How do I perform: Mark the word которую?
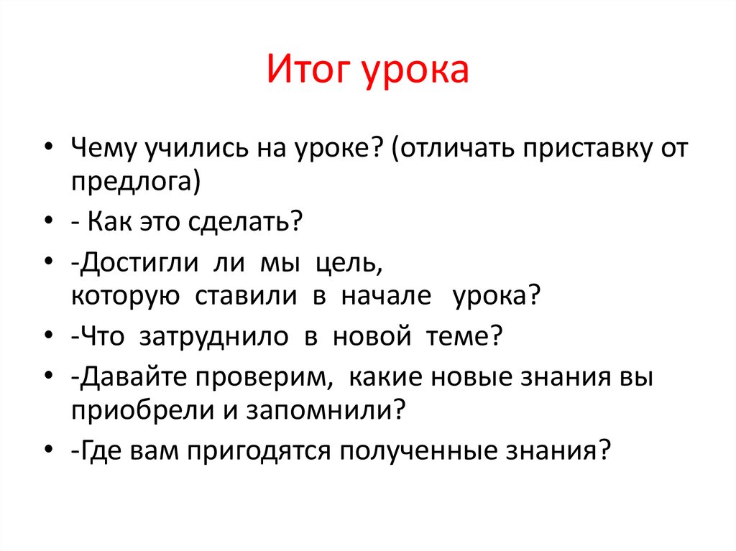(x=126, y=296)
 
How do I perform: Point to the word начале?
(x=386, y=295)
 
